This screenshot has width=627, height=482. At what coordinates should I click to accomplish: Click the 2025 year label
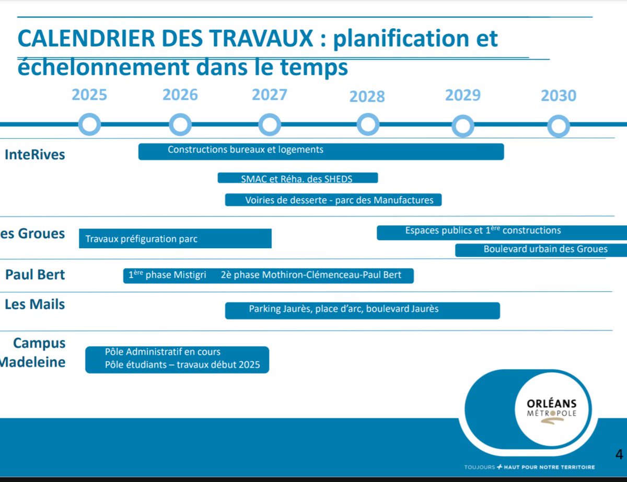tap(89, 95)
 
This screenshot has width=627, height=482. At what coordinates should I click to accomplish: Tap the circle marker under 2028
tap(368, 125)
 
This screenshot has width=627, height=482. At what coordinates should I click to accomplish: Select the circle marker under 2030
tap(559, 126)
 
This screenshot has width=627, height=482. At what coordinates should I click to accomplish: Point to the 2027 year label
tap(270, 95)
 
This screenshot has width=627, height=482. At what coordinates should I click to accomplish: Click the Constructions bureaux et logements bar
tap(321, 151)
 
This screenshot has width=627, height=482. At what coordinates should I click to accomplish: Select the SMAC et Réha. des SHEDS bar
tap(297, 178)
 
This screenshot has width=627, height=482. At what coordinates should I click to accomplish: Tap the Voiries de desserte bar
tap(333, 200)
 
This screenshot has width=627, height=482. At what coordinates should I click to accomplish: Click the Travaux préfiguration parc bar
tap(175, 238)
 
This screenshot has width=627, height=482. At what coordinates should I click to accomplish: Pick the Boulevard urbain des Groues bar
tap(541, 250)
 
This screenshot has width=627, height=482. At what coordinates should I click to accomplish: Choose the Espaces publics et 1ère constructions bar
tap(502, 232)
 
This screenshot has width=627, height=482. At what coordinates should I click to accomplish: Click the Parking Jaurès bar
tap(362, 310)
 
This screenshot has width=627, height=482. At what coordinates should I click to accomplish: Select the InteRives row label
tap(35, 155)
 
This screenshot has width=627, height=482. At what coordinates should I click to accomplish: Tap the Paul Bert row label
tap(35, 274)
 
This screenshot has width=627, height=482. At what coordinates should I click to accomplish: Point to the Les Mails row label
tap(35, 304)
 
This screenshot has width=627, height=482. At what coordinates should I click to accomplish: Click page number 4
tap(619, 453)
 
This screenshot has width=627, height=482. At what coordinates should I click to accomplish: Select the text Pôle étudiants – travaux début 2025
tap(182, 365)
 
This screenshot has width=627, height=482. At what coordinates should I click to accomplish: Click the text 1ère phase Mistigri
tap(167, 275)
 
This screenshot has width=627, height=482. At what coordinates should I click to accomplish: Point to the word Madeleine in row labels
tap(32, 362)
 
